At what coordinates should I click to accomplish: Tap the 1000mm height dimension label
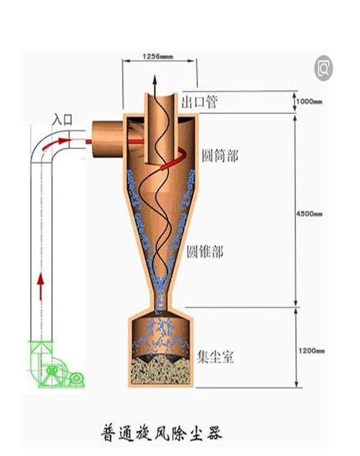[310, 102]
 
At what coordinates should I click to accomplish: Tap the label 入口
[62, 119]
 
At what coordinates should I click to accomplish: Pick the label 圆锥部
[205, 251]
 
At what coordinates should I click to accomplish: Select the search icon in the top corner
[325, 67]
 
